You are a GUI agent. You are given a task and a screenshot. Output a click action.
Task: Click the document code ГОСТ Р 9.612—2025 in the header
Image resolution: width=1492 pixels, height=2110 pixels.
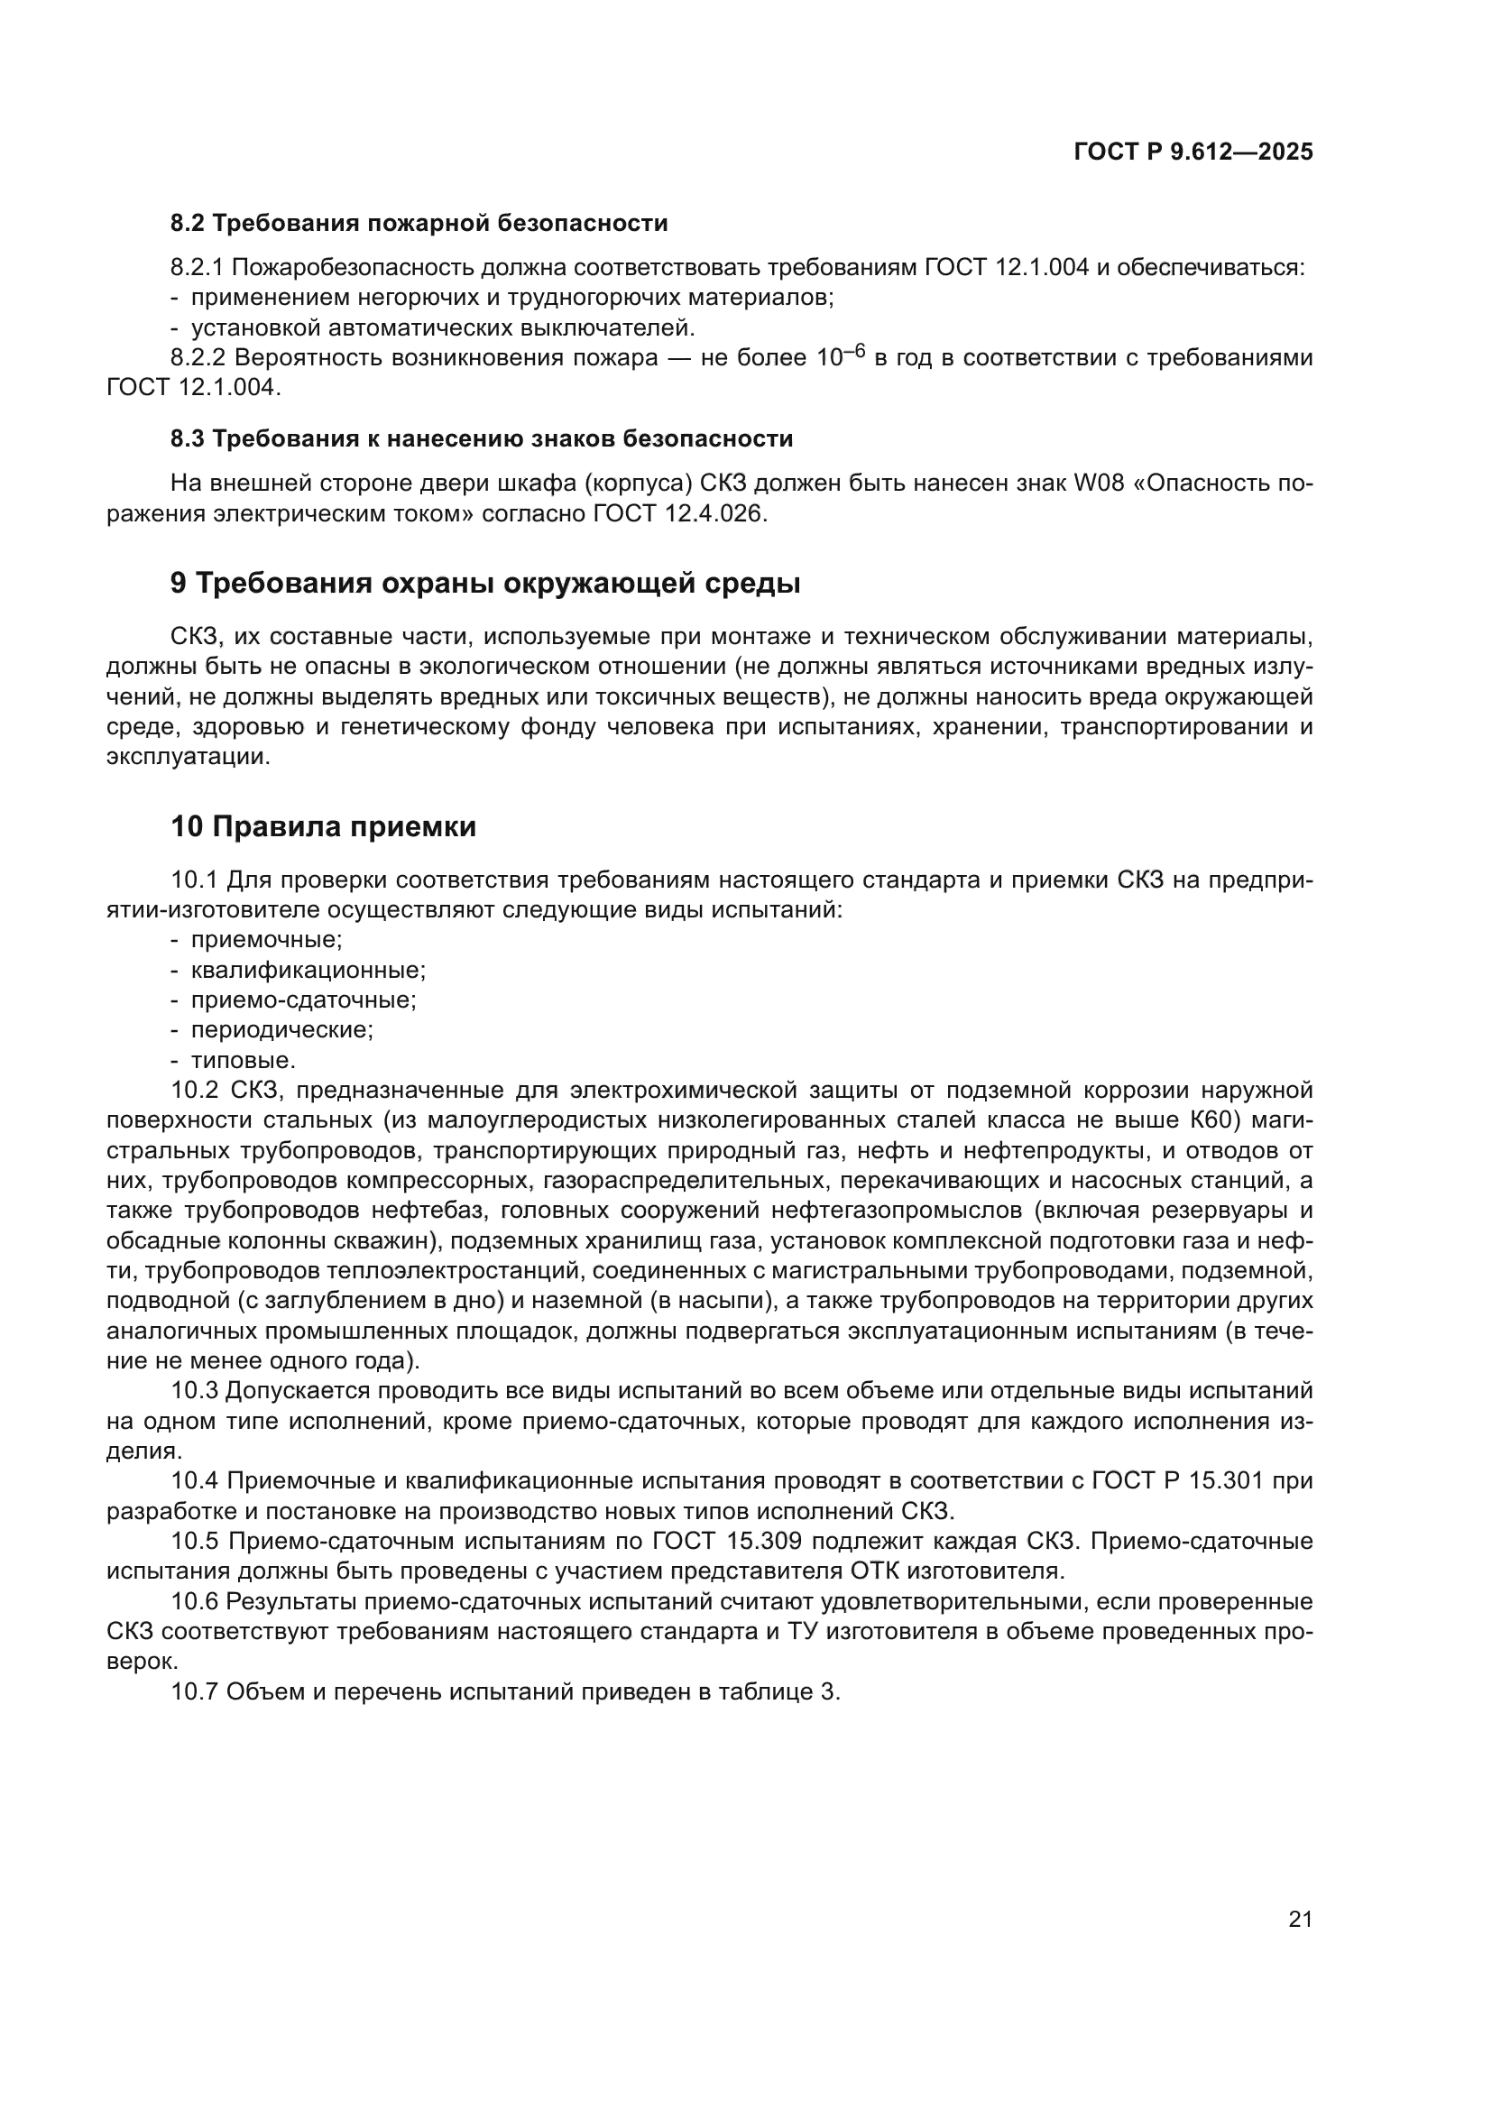coord(1193,152)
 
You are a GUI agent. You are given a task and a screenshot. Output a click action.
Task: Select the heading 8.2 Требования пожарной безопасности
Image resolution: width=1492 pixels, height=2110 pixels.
coord(419,224)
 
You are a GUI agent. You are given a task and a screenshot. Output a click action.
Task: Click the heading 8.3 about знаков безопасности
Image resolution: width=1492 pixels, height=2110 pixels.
coord(482,439)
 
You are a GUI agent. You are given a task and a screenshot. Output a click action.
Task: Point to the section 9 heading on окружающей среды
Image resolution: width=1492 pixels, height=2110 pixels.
coord(485,584)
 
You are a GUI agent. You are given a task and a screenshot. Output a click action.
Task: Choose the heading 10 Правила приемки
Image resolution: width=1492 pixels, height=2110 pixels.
coord(324,827)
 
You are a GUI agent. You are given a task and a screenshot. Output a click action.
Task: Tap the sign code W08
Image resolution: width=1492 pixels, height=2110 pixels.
coord(1099,484)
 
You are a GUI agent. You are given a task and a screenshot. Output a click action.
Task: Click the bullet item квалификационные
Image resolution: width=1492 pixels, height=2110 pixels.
coord(308,971)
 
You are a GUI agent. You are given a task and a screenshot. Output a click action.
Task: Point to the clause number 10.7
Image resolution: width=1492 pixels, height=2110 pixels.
coord(194,1691)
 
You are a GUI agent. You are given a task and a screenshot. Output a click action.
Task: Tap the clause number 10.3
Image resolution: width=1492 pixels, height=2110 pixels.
coord(194,1391)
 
